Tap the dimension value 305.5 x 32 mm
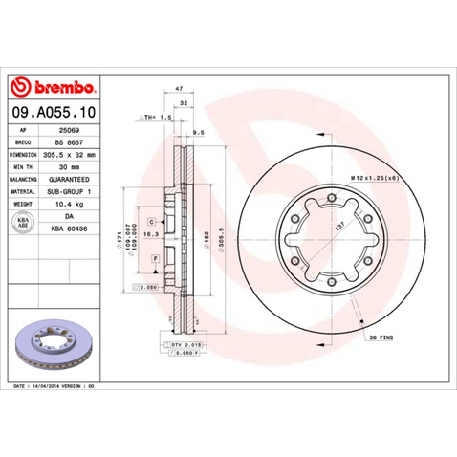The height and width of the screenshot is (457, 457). pyautogui.click(x=76, y=153)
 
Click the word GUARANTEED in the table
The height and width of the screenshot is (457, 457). pyautogui.click(x=76, y=179)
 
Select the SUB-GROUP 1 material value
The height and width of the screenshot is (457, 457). pyautogui.click(x=76, y=191)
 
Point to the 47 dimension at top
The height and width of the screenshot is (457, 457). pyautogui.click(x=180, y=88)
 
